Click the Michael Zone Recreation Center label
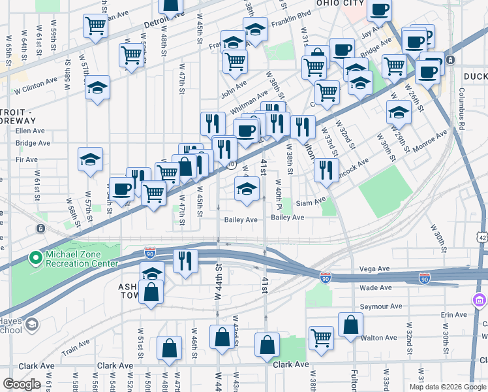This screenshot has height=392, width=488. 81,259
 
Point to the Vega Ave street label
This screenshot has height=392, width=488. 374,269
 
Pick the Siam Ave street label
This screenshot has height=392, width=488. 311,203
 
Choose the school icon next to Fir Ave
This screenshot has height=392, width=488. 90,159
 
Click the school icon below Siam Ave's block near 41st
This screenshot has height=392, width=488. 246,189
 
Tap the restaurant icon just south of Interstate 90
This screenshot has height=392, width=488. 185,261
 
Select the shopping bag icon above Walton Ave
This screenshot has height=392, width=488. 350,325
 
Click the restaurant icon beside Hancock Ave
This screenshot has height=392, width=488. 326,170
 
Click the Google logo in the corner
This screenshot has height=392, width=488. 22,384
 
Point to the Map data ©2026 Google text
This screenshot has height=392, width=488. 448,387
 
